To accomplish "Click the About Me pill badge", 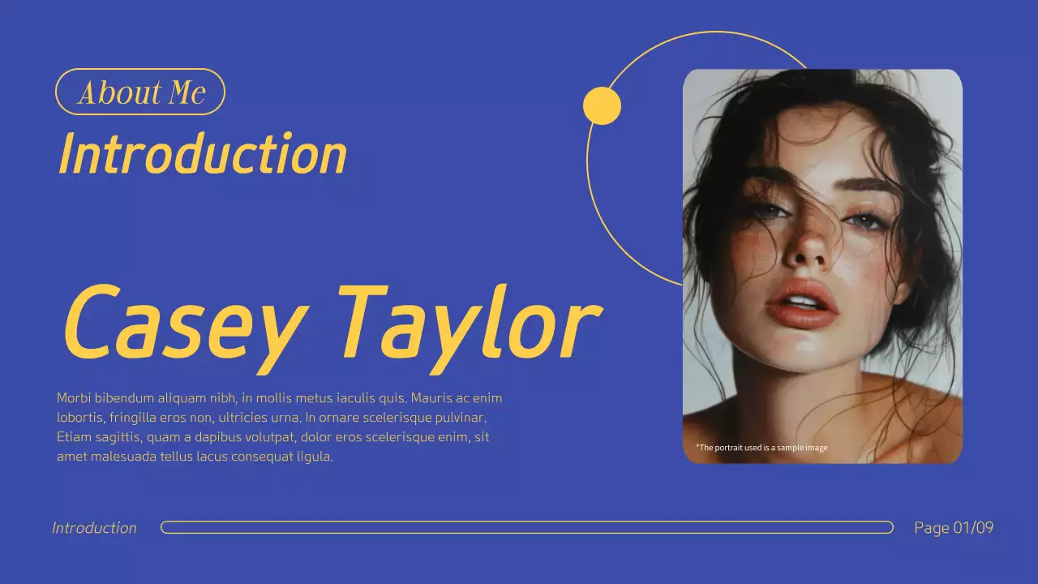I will [x=139, y=92].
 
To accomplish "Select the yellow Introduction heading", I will [x=203, y=154].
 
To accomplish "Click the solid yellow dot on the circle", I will [x=602, y=105].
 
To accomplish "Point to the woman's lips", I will [x=802, y=305].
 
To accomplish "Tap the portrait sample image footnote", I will [x=761, y=447].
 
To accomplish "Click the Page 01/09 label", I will [x=954, y=527].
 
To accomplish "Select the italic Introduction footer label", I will [x=94, y=528].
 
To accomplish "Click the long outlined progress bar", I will [x=527, y=527].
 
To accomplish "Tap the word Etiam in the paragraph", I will [x=73, y=437].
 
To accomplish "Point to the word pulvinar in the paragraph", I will [x=460, y=418].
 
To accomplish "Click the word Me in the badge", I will [x=187, y=92].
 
